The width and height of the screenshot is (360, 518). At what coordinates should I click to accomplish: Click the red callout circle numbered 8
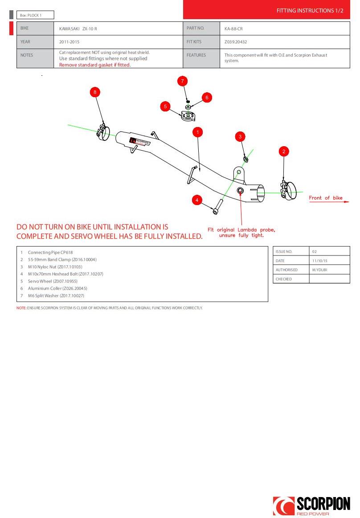pyautogui.click(x=94, y=92)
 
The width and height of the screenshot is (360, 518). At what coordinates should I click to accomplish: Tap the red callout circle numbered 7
pyautogui.click(x=182, y=81)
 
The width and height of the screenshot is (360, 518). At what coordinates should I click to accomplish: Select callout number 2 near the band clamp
pyautogui.click(x=284, y=152)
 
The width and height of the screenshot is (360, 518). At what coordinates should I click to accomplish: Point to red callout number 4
pyautogui.click(x=197, y=200)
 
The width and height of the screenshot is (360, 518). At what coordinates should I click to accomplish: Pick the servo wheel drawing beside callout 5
pyautogui.click(x=187, y=116)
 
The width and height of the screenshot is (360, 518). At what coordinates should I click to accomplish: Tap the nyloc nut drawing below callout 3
pyautogui.click(x=245, y=159)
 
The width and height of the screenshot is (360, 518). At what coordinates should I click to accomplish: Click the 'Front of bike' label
pyautogui.click(x=326, y=198)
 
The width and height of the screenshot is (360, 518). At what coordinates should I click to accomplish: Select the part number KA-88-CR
pyautogui.click(x=233, y=29)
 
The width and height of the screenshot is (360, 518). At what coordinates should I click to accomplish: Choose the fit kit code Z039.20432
pyautogui.click(x=236, y=42)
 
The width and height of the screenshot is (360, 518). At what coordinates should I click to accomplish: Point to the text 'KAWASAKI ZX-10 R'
pyautogui.click(x=78, y=29)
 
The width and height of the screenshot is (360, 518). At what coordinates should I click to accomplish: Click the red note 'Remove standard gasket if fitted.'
pyautogui.click(x=95, y=65)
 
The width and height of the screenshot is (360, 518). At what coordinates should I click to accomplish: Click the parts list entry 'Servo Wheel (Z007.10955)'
pyautogui.click(x=53, y=281)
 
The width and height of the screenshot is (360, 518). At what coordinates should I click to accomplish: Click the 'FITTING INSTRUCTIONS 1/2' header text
pyautogui.click(x=310, y=10)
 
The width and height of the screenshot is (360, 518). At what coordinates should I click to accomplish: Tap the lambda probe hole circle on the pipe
pyautogui.click(x=241, y=191)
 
